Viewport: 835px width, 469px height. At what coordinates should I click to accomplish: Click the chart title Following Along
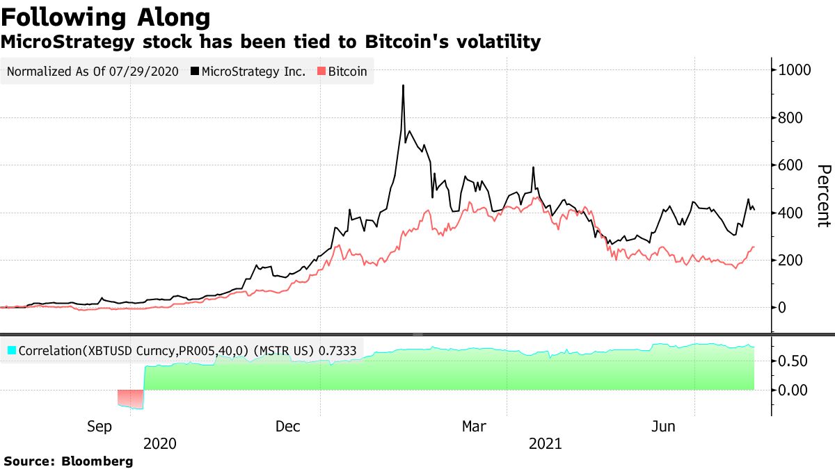(106, 17)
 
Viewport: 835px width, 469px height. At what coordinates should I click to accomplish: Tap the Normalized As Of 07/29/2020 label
(93, 71)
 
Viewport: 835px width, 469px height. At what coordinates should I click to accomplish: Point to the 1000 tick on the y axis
(796, 70)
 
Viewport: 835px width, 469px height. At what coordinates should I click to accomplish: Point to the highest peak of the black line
(403, 86)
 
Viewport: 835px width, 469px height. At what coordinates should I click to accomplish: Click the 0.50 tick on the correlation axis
(793, 361)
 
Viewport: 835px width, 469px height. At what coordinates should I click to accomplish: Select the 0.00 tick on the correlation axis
(793, 390)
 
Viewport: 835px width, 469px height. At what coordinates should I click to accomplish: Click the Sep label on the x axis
(100, 427)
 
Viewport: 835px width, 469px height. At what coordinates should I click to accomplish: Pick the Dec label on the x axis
(287, 427)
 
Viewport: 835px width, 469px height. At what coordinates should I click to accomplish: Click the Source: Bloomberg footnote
(68, 461)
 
